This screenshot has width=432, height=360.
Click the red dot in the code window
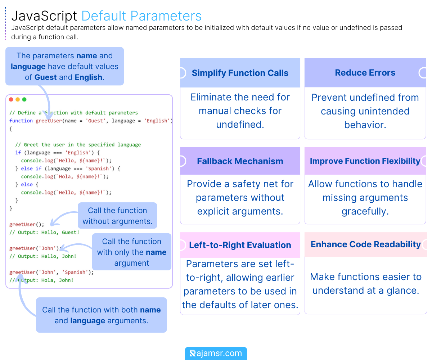click(11, 99)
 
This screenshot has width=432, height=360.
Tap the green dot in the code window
click(24, 99)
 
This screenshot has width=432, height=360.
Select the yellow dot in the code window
click(18, 99)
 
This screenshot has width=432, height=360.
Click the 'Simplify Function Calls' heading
click(240, 73)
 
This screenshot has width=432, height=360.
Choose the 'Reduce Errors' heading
click(365, 73)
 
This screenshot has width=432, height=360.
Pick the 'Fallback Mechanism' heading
click(240, 161)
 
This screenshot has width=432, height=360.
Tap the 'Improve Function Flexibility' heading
click(365, 161)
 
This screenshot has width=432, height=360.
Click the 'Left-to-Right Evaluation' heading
click(240, 245)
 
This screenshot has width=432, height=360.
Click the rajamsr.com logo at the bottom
click(216, 354)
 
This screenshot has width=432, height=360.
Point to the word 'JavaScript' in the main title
click(44, 16)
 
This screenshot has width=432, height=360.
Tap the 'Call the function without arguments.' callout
click(117, 216)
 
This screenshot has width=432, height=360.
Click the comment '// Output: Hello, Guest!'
click(44, 233)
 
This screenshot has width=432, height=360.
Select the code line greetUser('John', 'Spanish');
click(51, 273)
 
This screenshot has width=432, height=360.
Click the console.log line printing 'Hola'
click(64, 177)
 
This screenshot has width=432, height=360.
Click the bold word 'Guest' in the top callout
click(45, 77)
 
